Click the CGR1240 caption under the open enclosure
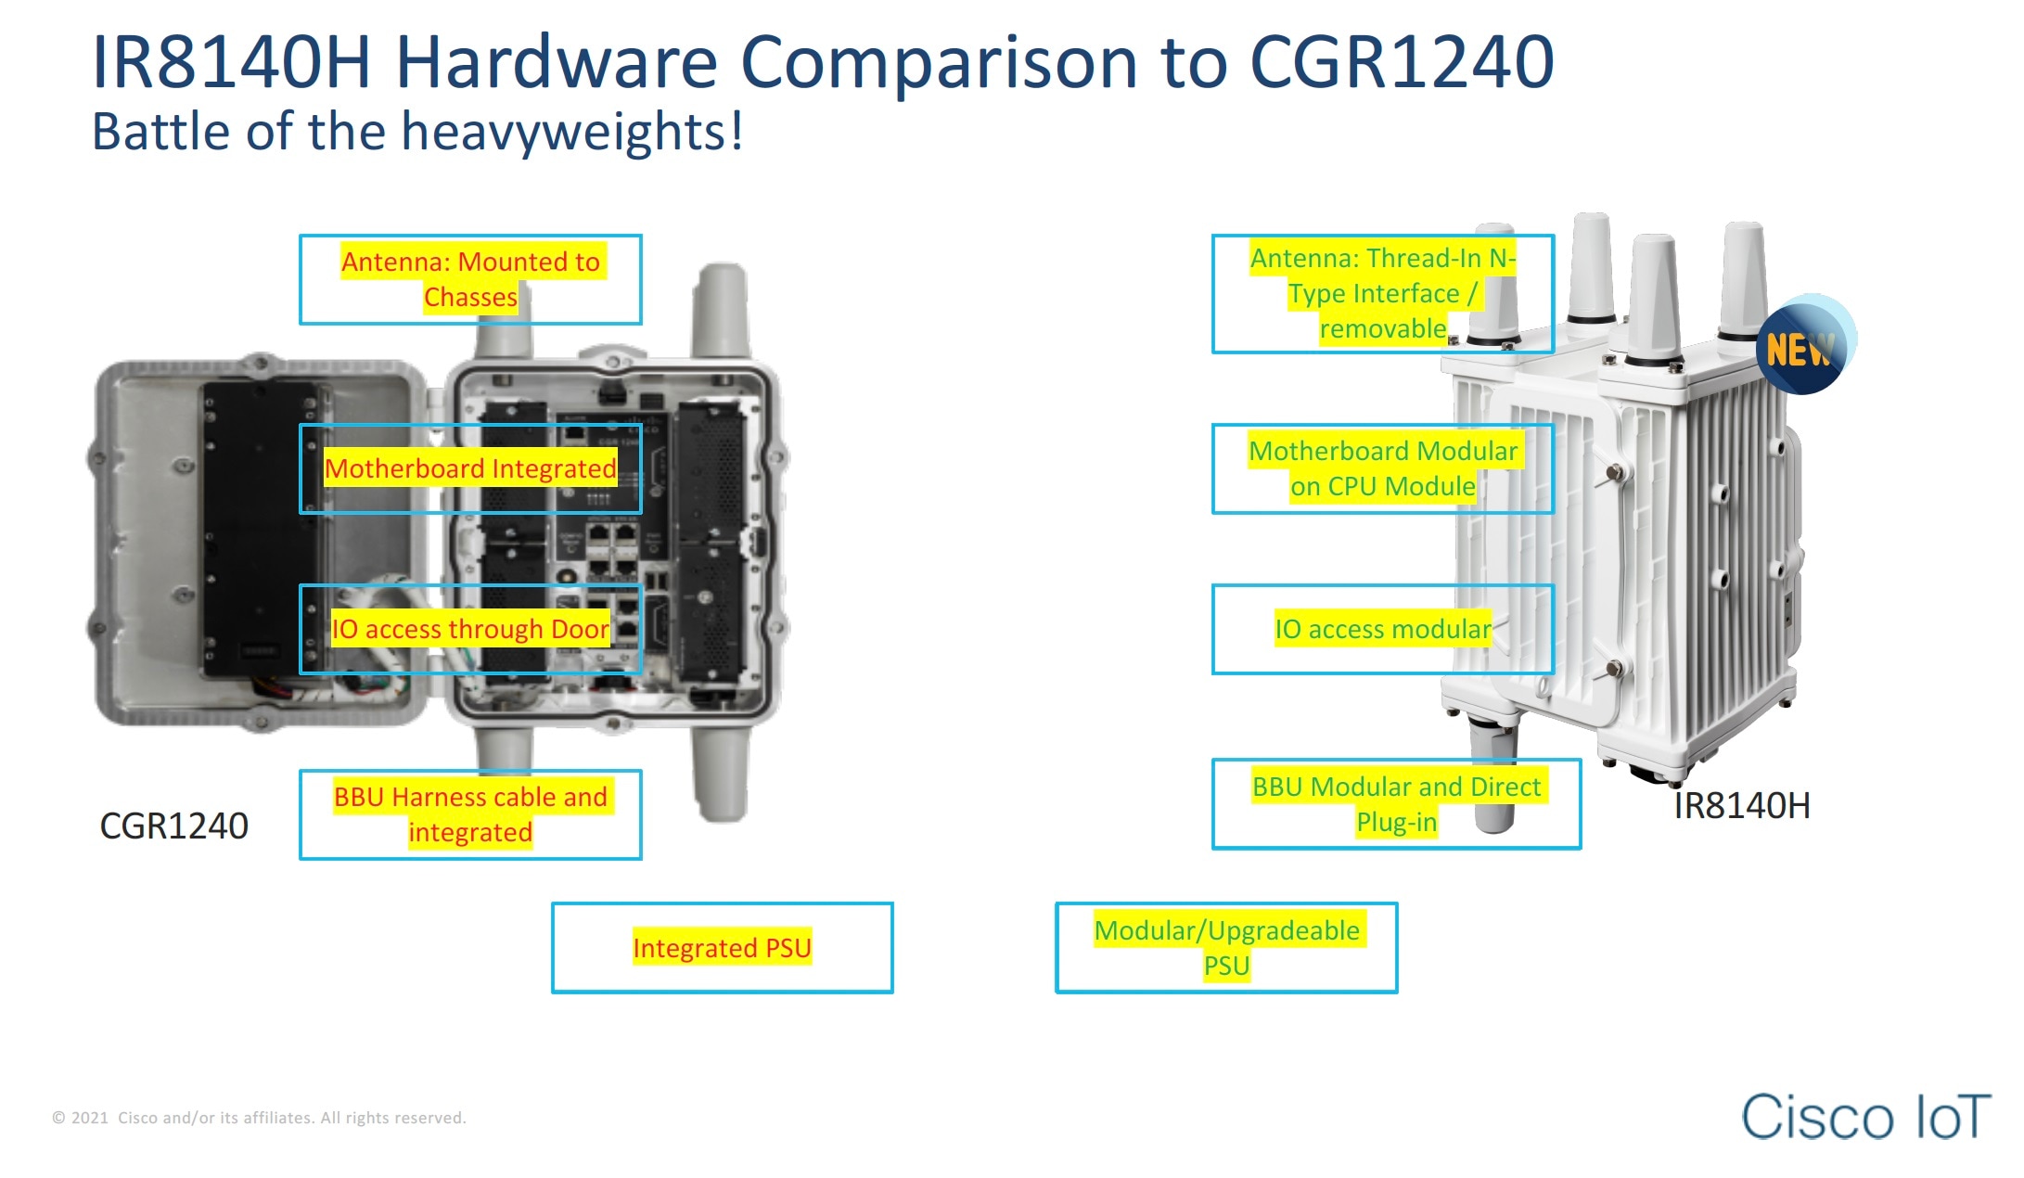173,826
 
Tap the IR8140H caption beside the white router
1741,805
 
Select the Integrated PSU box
722,947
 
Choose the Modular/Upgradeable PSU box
1225,947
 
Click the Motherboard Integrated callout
470,468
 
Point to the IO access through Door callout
470,629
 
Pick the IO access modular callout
1382,629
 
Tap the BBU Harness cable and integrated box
470,814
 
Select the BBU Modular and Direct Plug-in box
1395,803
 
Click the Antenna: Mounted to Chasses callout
470,279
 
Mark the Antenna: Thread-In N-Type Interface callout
1382,293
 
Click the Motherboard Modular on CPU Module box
1382,468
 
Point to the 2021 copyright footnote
259,1118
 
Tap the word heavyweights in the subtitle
566,132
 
